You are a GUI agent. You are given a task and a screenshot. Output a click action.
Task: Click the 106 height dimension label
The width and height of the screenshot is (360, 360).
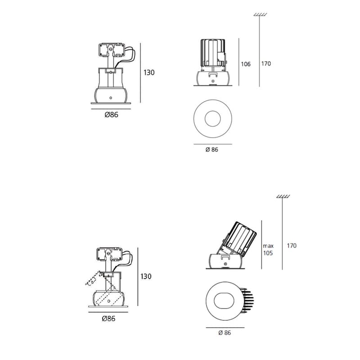246,64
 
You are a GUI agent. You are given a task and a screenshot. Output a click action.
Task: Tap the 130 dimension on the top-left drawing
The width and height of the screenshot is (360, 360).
149,72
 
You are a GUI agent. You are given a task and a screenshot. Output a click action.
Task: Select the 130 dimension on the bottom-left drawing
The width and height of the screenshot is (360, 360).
146,276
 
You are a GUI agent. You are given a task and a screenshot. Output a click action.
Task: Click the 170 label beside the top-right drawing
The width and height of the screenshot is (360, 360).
266,63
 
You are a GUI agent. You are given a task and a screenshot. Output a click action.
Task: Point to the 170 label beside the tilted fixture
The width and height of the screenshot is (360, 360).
292,246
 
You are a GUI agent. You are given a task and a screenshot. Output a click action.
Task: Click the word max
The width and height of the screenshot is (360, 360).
268,246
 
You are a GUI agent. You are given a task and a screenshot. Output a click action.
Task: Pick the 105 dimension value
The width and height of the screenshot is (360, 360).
268,253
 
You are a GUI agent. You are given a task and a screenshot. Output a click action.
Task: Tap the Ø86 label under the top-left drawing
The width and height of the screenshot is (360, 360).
111,115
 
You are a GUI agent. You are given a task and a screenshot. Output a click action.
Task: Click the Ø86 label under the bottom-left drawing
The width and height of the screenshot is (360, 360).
108,319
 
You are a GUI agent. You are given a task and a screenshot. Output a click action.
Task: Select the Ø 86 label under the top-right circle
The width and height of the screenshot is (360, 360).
211,150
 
